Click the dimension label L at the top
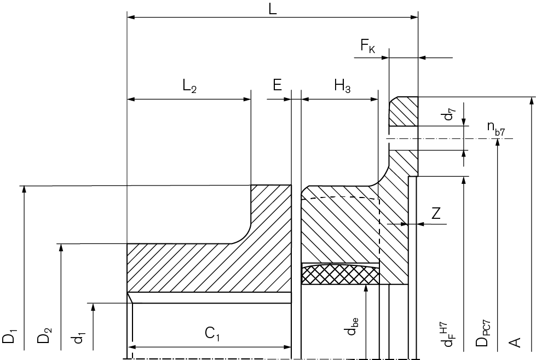coord(272,9)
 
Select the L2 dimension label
coord(190,86)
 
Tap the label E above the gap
coord(277,85)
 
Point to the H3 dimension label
coord(342,86)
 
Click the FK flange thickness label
coord(368,46)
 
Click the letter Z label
coord(436,213)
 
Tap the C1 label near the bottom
coord(212,334)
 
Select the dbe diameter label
coord(353,327)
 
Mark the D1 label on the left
coord(9,336)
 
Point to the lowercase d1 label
coord(78,337)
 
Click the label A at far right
coord(515,342)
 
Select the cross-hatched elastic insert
coord(340,274)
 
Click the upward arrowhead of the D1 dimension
coord(24,189)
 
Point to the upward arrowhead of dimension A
coord(531,101)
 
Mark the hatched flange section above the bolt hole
coord(404,111)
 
